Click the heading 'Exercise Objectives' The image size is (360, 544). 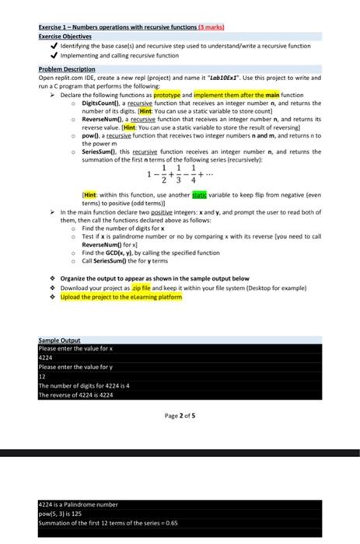(x=65, y=36)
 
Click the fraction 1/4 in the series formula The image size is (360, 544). (x=193, y=173)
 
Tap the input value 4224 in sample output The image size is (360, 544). (x=46, y=358)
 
